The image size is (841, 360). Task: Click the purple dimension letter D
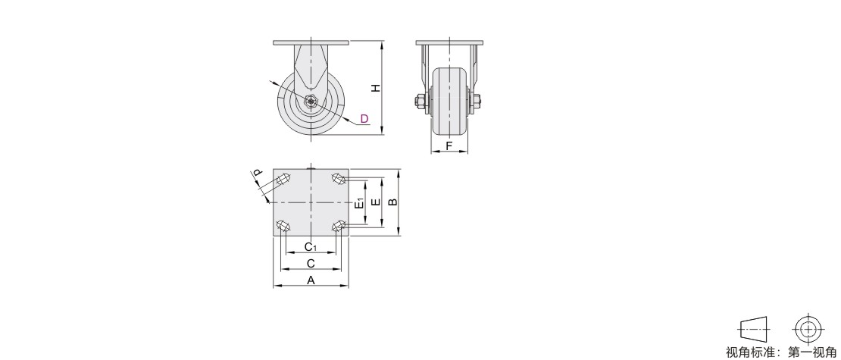364,118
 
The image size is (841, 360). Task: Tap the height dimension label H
377,87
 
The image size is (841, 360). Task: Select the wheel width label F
449,146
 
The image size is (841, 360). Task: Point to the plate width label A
311,280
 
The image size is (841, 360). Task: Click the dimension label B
392,202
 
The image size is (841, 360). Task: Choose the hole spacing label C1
311,247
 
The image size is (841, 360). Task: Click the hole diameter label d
258,173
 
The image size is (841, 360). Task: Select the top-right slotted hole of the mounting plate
339,178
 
